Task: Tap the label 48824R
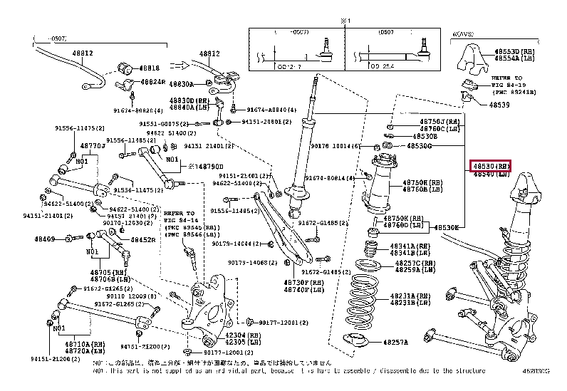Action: click(153, 83)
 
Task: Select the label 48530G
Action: click(420, 145)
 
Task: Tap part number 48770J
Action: click(93, 145)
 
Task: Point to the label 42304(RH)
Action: click(237, 334)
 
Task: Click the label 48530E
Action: click(448, 227)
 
